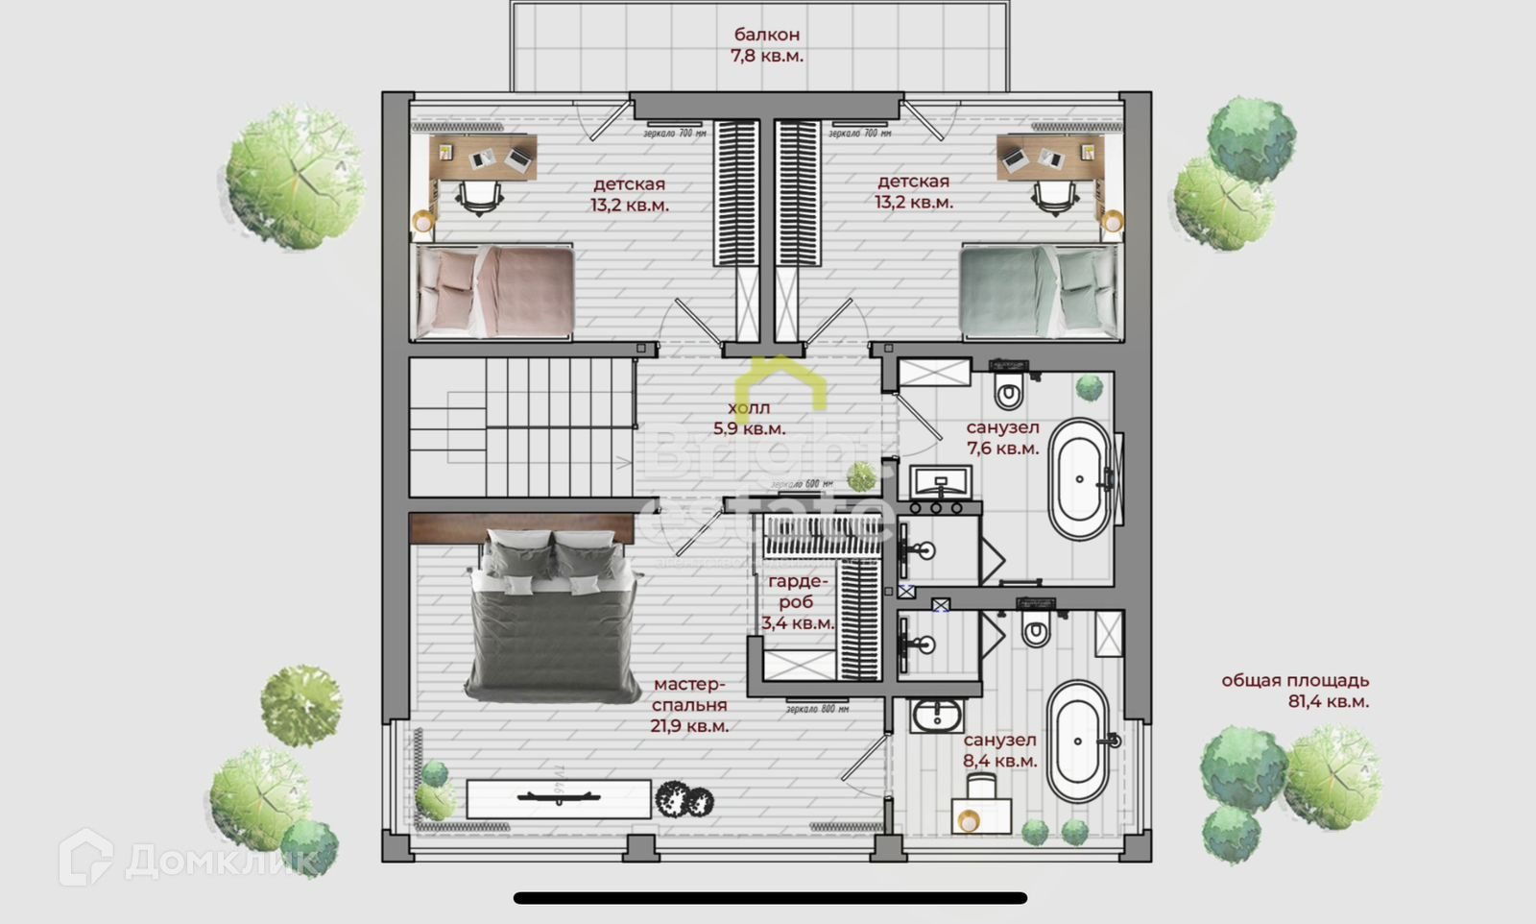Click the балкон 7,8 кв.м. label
tap(766, 45)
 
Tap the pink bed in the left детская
tap(494, 291)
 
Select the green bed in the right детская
tap(1041, 290)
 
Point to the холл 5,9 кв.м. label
tap(749, 418)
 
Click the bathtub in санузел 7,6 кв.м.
tap(1079, 478)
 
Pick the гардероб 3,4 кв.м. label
tap(797, 602)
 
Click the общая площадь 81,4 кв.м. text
tap(1295, 691)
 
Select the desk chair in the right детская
tap(1053, 194)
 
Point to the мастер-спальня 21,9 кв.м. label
tap(689, 705)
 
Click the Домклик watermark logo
tap(187, 858)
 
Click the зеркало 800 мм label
tap(817, 709)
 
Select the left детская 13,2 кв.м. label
tap(629, 194)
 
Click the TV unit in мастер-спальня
tap(558, 797)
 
